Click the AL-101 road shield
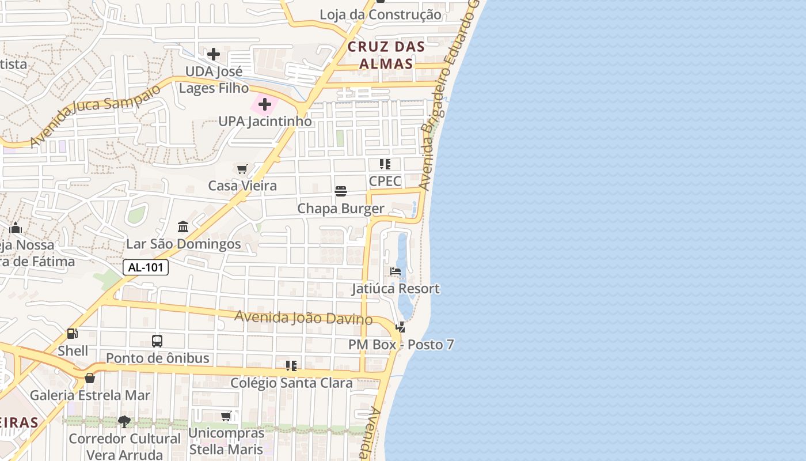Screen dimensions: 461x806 point(146,267)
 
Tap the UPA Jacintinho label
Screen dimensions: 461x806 point(265,122)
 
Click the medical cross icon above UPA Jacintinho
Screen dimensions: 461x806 point(265,104)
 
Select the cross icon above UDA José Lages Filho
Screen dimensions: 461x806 point(214,54)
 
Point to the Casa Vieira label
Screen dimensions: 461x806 point(242,186)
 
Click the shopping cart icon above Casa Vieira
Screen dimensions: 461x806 point(242,169)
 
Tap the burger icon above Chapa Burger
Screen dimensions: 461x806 point(341,191)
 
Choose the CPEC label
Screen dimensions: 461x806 point(385,181)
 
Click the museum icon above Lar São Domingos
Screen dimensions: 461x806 point(183,226)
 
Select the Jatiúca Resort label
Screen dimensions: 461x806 point(396,289)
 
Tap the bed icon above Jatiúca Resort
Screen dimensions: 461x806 point(396,271)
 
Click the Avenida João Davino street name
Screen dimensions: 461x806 point(303,317)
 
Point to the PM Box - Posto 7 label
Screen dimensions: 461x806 point(401,345)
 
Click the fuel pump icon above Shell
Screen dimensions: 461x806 point(73,334)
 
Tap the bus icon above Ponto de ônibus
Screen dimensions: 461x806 point(157,341)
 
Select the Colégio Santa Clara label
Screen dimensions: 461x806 point(291,383)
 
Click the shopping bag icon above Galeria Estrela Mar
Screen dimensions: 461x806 point(90,378)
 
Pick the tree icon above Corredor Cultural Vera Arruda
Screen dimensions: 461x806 point(124,421)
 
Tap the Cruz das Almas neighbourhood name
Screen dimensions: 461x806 point(386,55)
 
